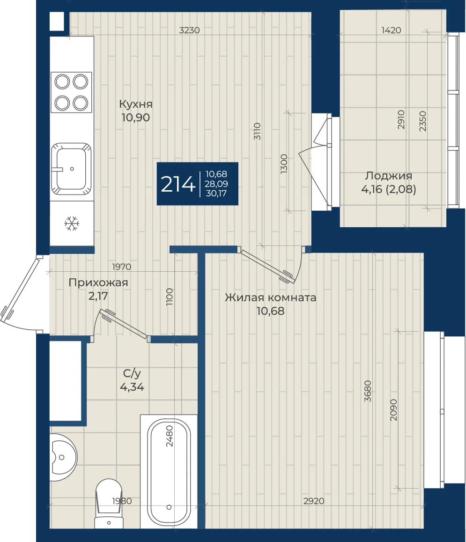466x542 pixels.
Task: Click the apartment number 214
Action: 178,184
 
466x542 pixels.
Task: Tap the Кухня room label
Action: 135,104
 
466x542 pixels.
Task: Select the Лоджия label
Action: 389,176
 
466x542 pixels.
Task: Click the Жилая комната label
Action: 270,297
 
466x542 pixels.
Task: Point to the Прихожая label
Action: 98,282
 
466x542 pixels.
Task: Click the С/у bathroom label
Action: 132,373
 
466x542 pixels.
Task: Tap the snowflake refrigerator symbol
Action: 72,223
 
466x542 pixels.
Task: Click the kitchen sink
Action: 72,169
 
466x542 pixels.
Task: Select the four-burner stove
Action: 71,92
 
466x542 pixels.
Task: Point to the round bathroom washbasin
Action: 63,457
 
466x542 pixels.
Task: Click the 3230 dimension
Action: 189,30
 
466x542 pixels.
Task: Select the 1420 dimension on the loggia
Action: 392,30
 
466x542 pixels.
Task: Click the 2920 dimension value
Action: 314,501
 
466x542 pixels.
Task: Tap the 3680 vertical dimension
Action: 368,391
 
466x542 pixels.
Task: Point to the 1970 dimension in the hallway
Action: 122,267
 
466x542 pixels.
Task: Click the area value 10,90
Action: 135,117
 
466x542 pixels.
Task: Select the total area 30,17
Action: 216,193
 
